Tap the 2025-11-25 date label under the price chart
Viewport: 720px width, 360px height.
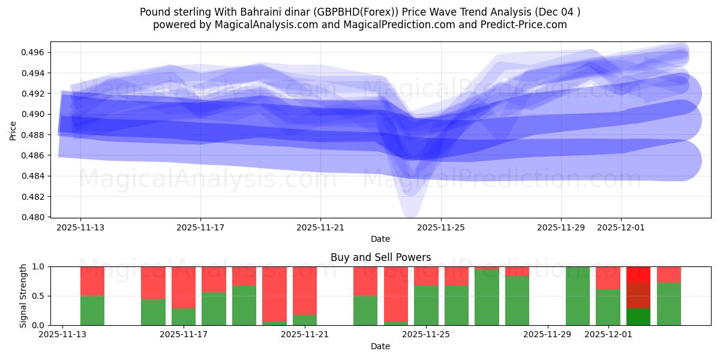coord(441,227)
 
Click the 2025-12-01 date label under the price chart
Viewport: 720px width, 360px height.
coord(621,227)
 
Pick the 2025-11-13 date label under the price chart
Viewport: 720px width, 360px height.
coord(80,227)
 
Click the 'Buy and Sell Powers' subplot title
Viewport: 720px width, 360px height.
coord(380,257)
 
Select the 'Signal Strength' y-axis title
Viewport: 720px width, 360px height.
coord(23,296)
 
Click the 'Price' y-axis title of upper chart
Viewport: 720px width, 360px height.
coord(13,130)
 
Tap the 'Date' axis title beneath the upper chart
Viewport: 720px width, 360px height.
coord(380,239)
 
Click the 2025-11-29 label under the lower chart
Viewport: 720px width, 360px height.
coord(548,335)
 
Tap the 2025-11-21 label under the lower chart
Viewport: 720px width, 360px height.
coord(305,335)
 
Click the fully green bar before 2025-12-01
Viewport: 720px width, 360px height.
coord(578,296)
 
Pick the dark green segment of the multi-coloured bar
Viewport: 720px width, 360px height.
coord(638,317)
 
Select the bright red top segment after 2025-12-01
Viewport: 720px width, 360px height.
coord(638,274)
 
